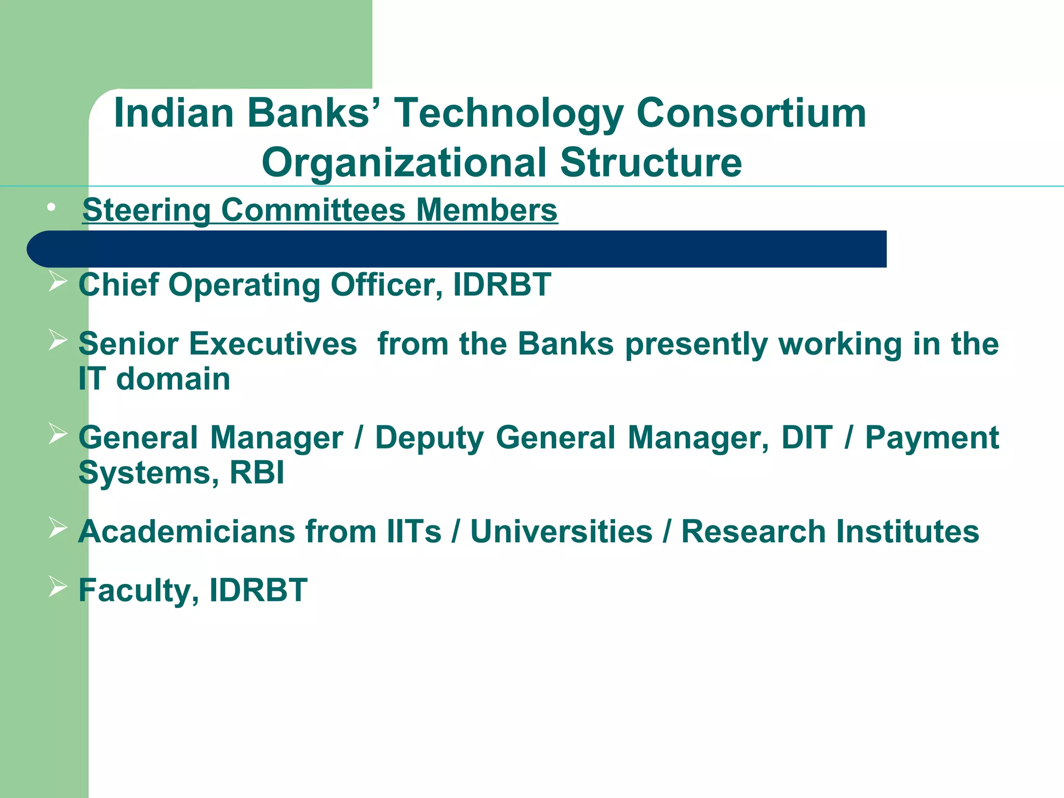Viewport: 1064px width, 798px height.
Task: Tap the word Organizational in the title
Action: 404,162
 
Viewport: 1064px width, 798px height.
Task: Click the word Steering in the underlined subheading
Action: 147,210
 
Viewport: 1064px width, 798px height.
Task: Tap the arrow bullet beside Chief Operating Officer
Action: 58,282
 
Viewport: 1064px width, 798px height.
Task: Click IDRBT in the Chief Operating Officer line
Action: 501,285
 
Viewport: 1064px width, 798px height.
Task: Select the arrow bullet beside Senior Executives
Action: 58,341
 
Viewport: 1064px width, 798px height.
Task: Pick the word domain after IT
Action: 173,379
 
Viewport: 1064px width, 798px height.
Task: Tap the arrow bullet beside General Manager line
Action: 58,434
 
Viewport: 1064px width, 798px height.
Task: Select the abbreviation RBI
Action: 257,473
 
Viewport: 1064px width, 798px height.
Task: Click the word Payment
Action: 932,437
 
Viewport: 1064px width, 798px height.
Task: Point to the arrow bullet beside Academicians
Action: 58,528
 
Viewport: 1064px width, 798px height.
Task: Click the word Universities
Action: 561,531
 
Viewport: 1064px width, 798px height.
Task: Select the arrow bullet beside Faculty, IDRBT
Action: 58,587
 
